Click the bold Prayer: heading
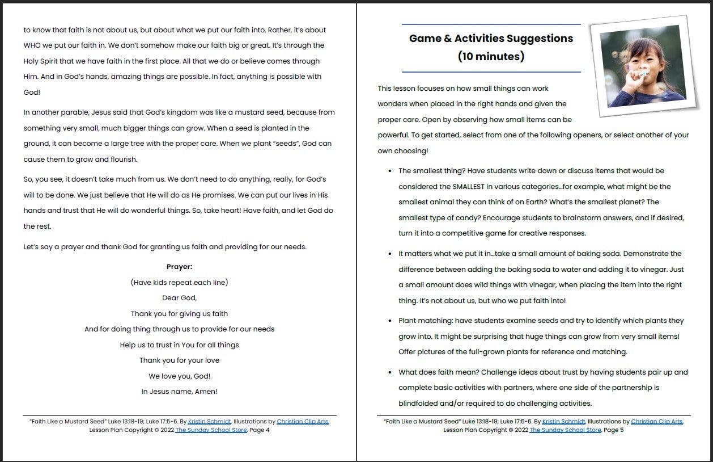179,267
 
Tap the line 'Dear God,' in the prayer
179,298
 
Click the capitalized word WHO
32,45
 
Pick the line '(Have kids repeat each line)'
179,283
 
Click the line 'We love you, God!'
179,376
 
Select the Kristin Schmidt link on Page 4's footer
210,422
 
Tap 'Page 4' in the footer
259,430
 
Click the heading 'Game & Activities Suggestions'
491,39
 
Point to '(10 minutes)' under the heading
491,56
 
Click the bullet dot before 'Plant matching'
390,321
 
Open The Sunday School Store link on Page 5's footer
565,430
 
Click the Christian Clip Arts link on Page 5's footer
657,422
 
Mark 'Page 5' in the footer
613,430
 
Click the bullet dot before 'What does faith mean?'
390,373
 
